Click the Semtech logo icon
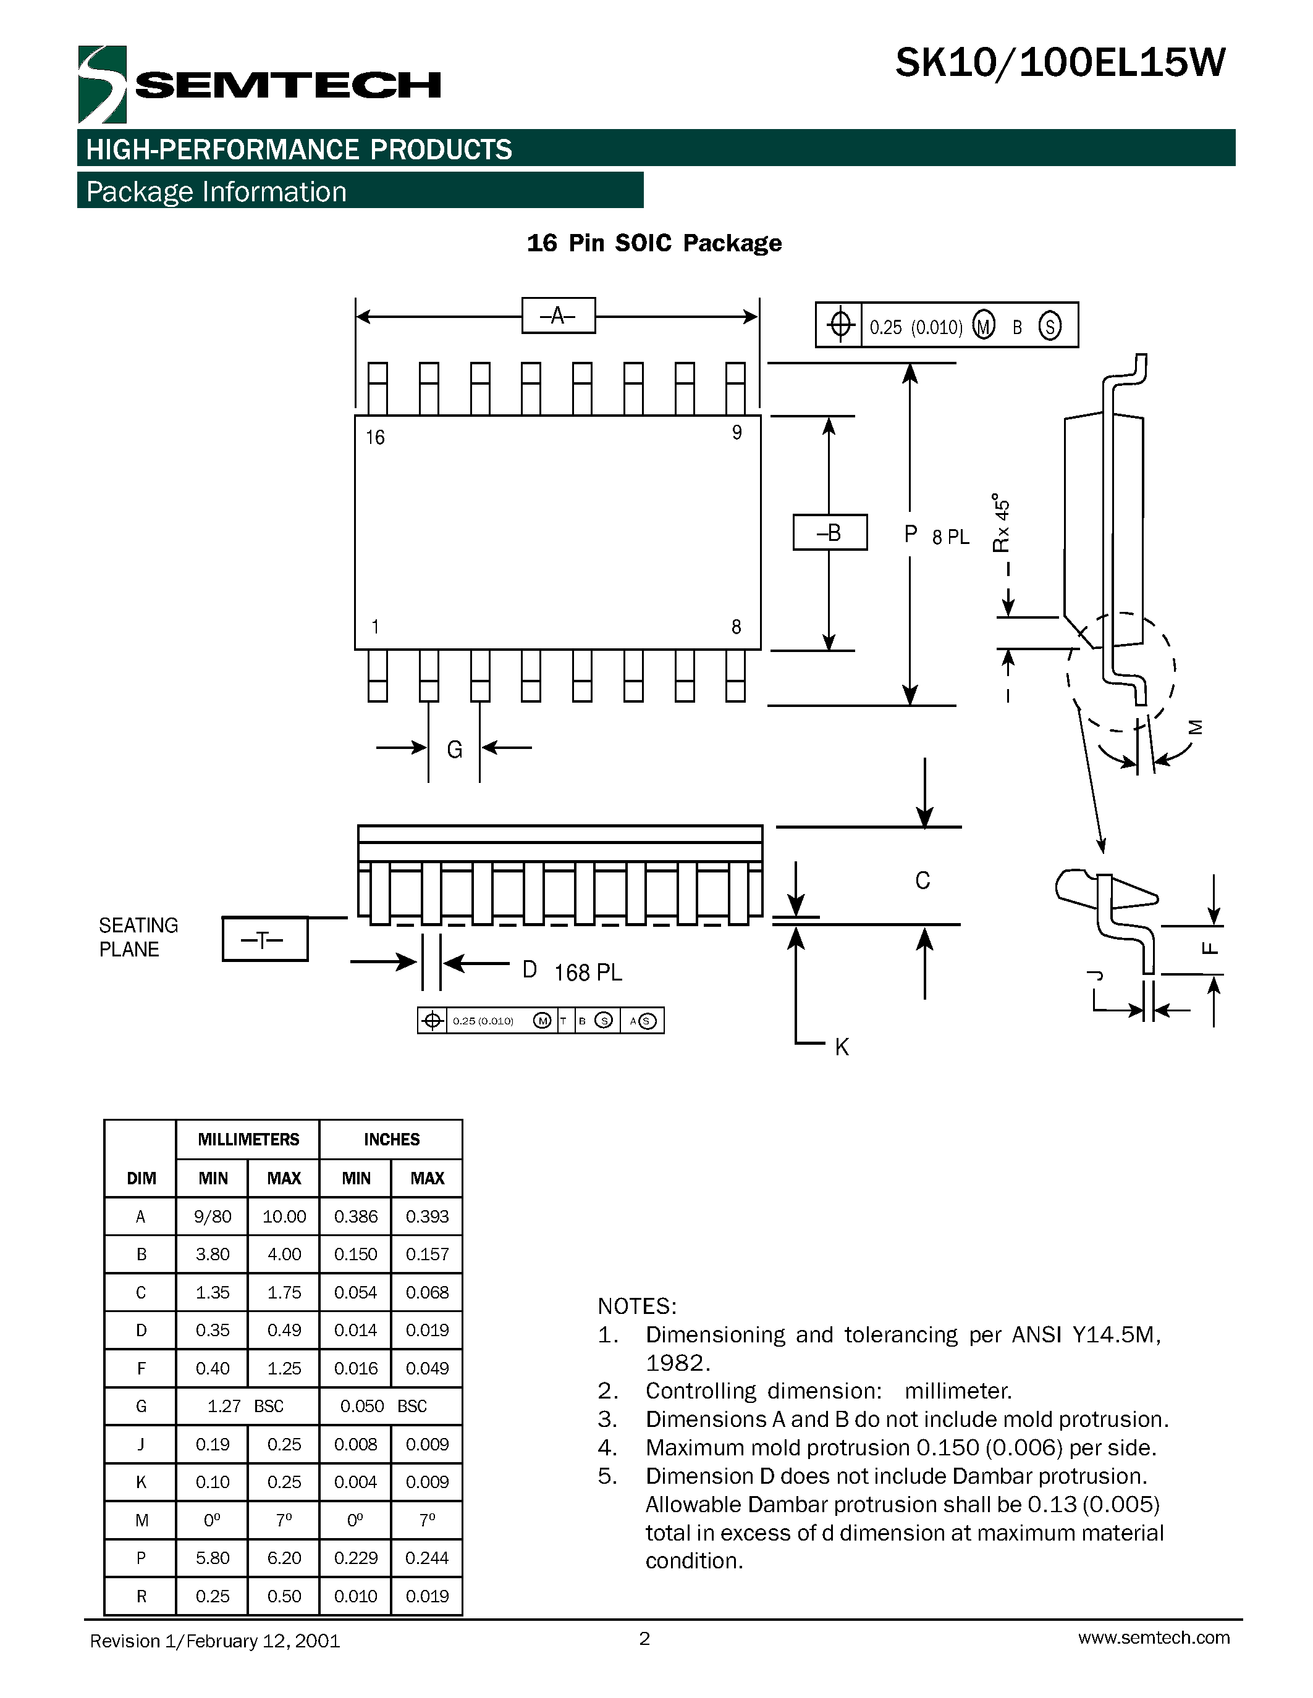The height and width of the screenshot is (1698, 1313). point(102,84)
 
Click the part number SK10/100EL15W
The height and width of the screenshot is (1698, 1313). point(1060,63)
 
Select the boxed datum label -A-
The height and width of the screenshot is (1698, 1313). point(558,316)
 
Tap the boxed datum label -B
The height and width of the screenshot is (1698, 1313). point(829,533)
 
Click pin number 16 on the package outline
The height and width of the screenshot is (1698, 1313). point(375,438)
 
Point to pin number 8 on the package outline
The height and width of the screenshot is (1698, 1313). point(736,627)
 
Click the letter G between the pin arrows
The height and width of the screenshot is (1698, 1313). point(454,750)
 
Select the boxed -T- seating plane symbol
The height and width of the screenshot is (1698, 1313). point(264,939)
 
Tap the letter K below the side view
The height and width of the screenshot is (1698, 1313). point(842,1047)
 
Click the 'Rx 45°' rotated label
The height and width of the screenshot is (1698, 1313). point(1002,522)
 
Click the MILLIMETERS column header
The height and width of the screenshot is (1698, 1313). point(248,1139)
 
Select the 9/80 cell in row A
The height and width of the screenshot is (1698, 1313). point(213,1217)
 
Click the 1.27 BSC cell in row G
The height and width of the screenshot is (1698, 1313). point(246,1406)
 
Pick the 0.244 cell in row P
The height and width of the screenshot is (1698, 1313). point(427,1557)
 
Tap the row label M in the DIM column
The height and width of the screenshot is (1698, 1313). point(141,1520)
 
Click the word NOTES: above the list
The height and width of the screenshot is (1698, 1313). point(637,1306)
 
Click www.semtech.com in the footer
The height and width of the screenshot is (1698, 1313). point(1154,1637)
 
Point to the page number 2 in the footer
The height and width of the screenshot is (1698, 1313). point(644,1638)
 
